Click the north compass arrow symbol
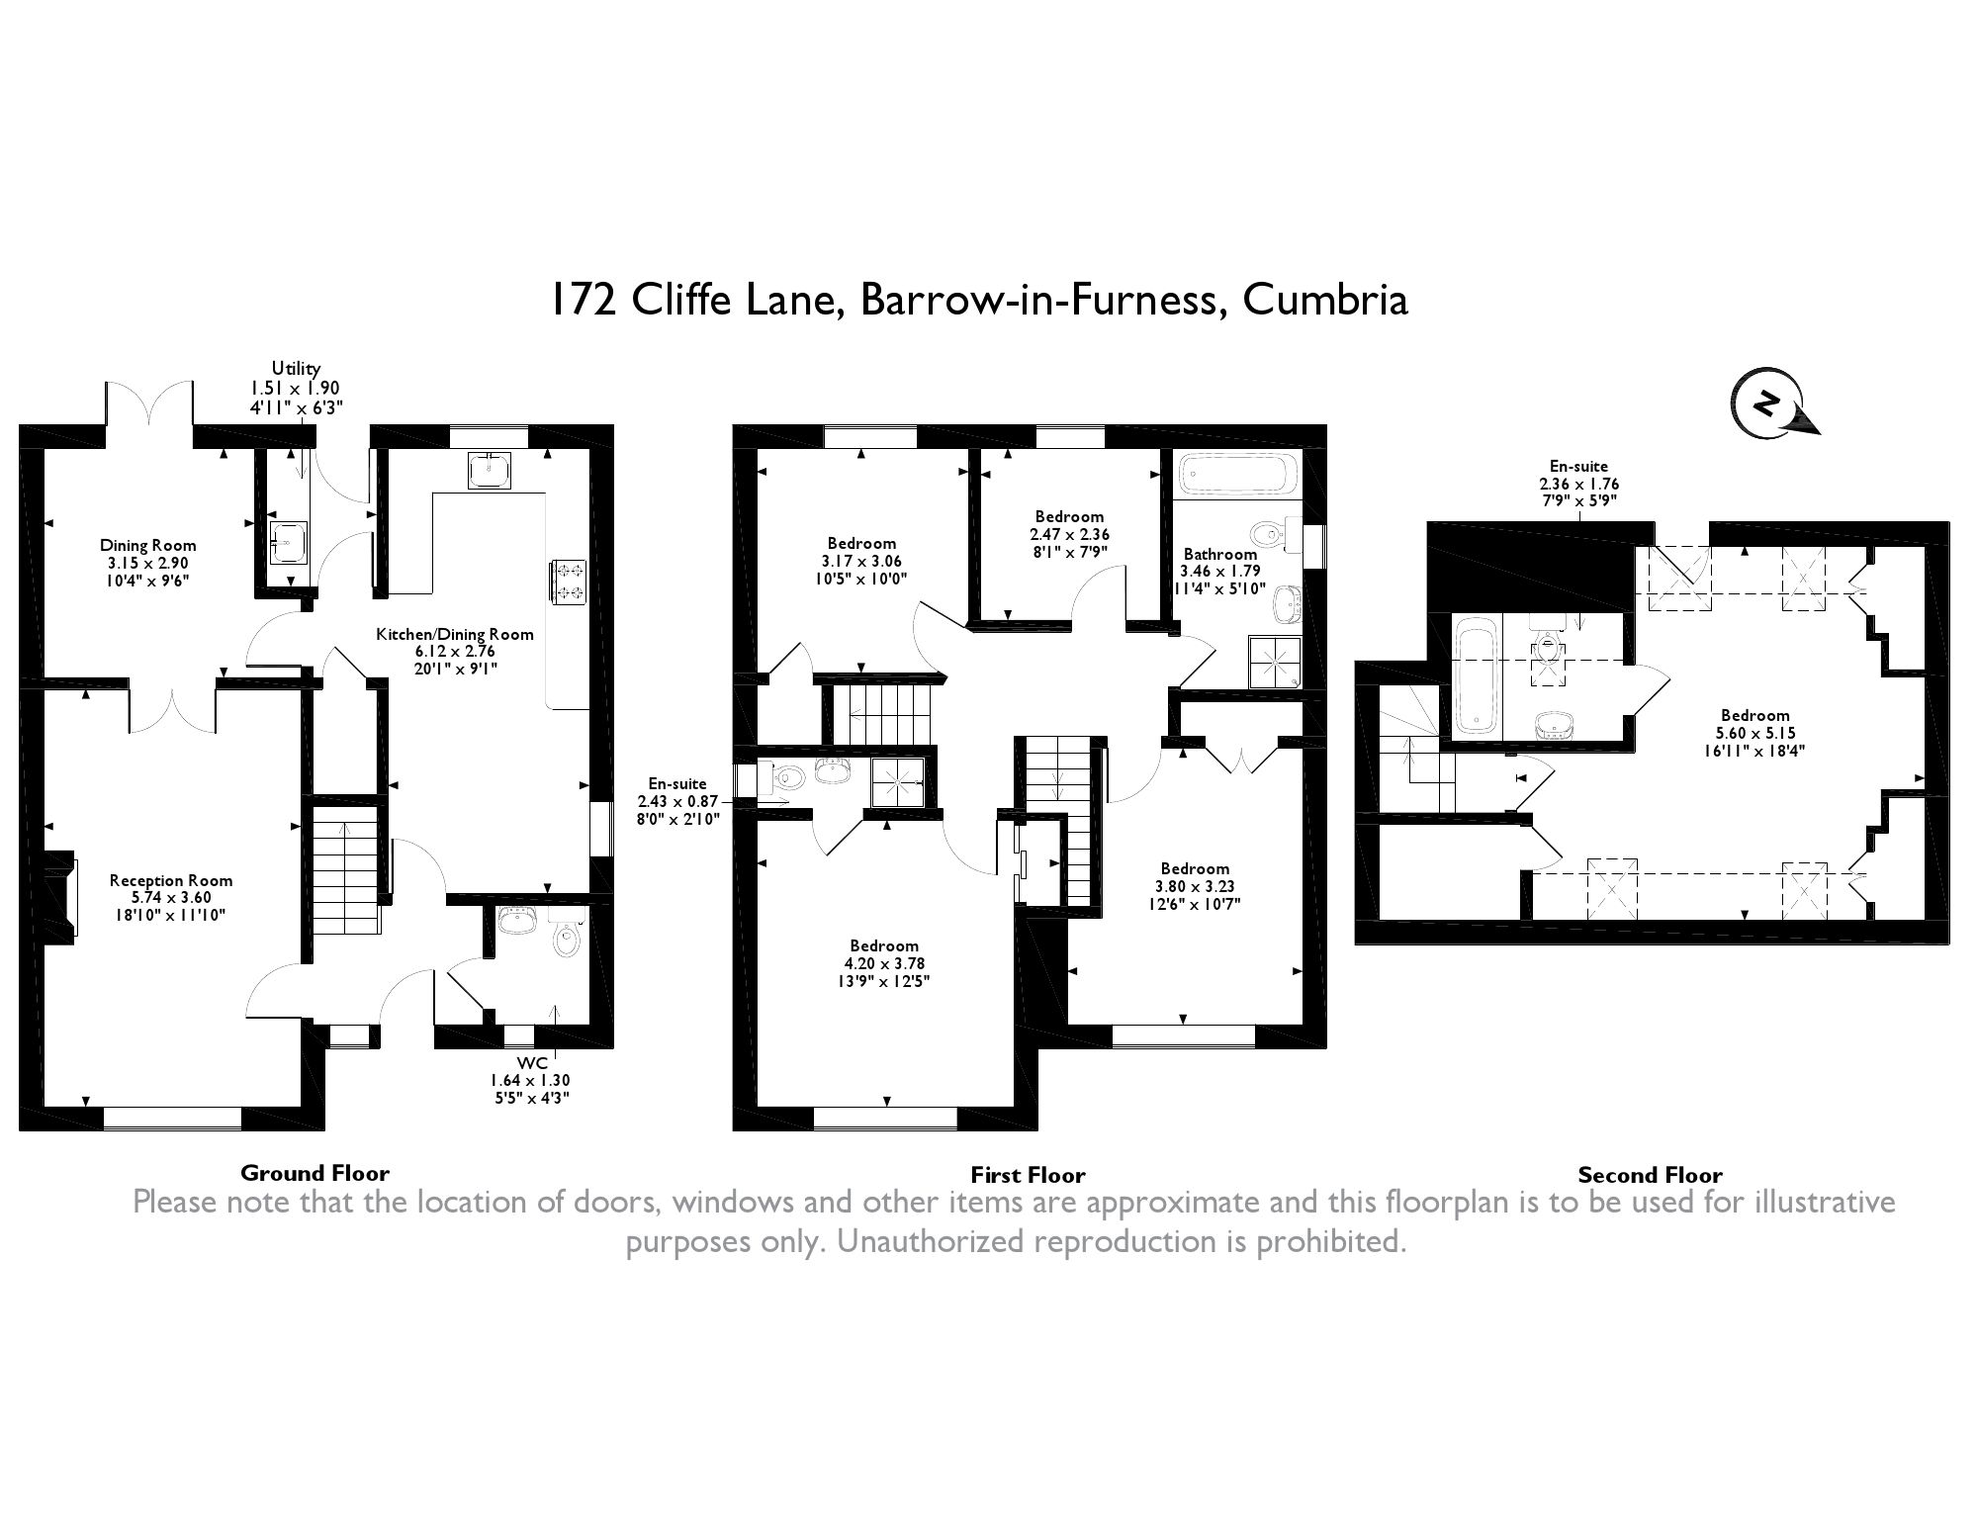[1770, 405]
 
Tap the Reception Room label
[171, 880]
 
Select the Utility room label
[296, 369]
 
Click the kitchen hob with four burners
[571, 582]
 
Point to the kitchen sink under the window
[490, 472]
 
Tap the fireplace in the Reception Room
[61, 896]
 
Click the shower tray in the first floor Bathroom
[1276, 661]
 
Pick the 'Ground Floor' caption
[315, 1173]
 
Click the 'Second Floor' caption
[1650, 1175]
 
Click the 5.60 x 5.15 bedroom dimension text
[1755, 733]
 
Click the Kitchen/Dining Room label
[454, 634]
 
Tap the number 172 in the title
[584, 300]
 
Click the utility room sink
[288, 541]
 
